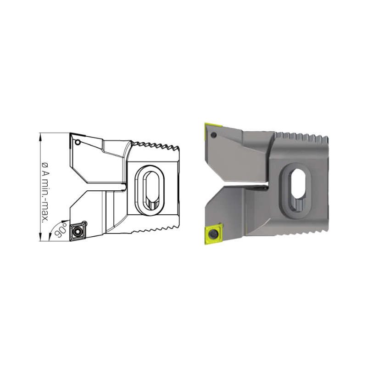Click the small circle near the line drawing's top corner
78,142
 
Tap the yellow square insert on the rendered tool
214,234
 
